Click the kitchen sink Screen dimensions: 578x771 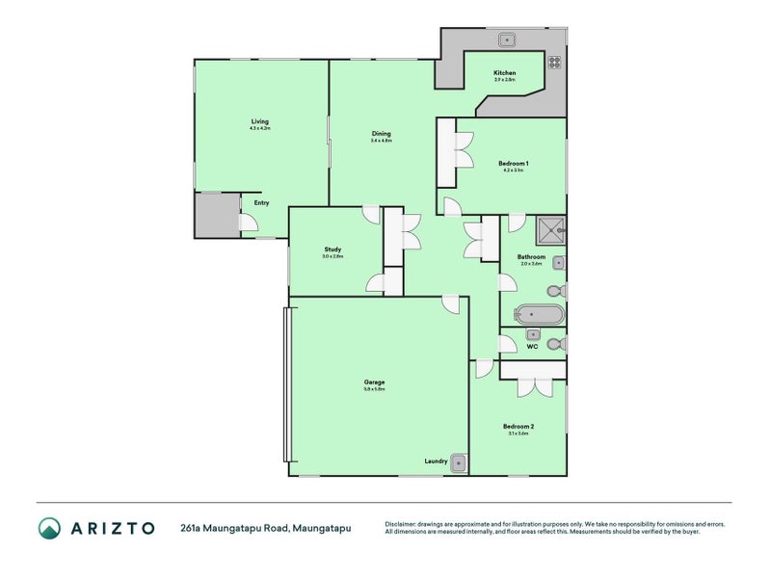(507, 39)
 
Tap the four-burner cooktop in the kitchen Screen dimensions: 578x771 (555, 63)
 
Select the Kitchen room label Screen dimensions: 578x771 (504, 73)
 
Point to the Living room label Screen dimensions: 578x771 (260, 121)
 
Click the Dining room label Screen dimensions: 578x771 (381, 134)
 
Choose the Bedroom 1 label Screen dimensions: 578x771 (513, 163)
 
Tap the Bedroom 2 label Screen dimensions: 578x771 (518, 426)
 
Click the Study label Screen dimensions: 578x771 (332, 250)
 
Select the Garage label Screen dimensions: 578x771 (375, 381)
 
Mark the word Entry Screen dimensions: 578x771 (261, 203)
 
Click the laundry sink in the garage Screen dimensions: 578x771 (460, 463)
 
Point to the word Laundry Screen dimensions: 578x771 (436, 461)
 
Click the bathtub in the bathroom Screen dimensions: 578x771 (539, 314)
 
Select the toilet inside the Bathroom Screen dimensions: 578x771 (555, 291)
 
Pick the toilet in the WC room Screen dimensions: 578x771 (555, 344)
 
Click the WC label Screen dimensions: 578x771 (531, 346)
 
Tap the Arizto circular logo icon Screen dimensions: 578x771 (49, 528)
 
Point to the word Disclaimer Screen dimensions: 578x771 (404, 524)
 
